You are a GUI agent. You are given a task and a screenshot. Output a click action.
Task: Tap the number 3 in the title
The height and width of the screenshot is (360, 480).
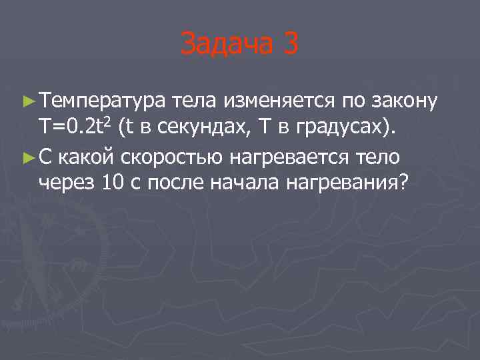coord(290,45)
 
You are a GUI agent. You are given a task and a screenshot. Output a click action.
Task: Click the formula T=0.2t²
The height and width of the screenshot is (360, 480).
coord(75,128)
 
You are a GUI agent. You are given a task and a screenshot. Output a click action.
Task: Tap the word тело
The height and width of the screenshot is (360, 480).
coord(377,156)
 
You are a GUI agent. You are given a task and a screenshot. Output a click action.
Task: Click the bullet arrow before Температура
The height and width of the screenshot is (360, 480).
coord(27,102)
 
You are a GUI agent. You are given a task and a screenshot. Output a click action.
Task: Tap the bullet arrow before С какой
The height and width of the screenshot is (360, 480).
coord(27,157)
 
